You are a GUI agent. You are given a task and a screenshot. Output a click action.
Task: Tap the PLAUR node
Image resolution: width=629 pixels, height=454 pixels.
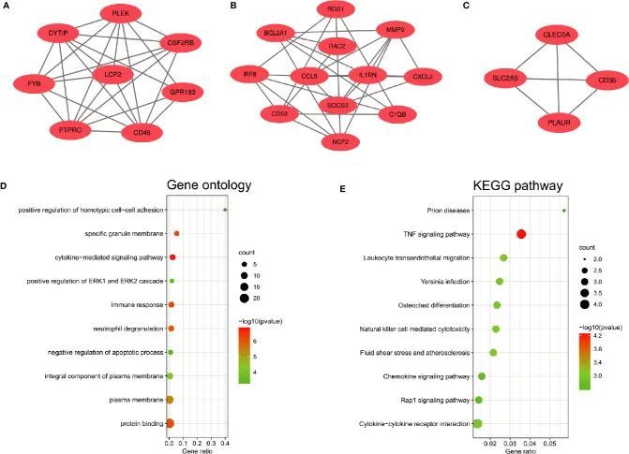[x=551, y=122]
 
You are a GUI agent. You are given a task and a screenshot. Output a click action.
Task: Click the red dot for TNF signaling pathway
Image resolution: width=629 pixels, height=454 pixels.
[x=521, y=234]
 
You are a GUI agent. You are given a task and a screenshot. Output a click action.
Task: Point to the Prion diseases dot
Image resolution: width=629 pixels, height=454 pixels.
[x=563, y=211]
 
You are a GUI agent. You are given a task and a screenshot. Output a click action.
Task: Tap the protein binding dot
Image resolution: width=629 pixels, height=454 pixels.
[x=170, y=424]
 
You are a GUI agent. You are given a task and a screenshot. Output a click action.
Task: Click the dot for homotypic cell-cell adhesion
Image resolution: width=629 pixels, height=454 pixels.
[x=225, y=210]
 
